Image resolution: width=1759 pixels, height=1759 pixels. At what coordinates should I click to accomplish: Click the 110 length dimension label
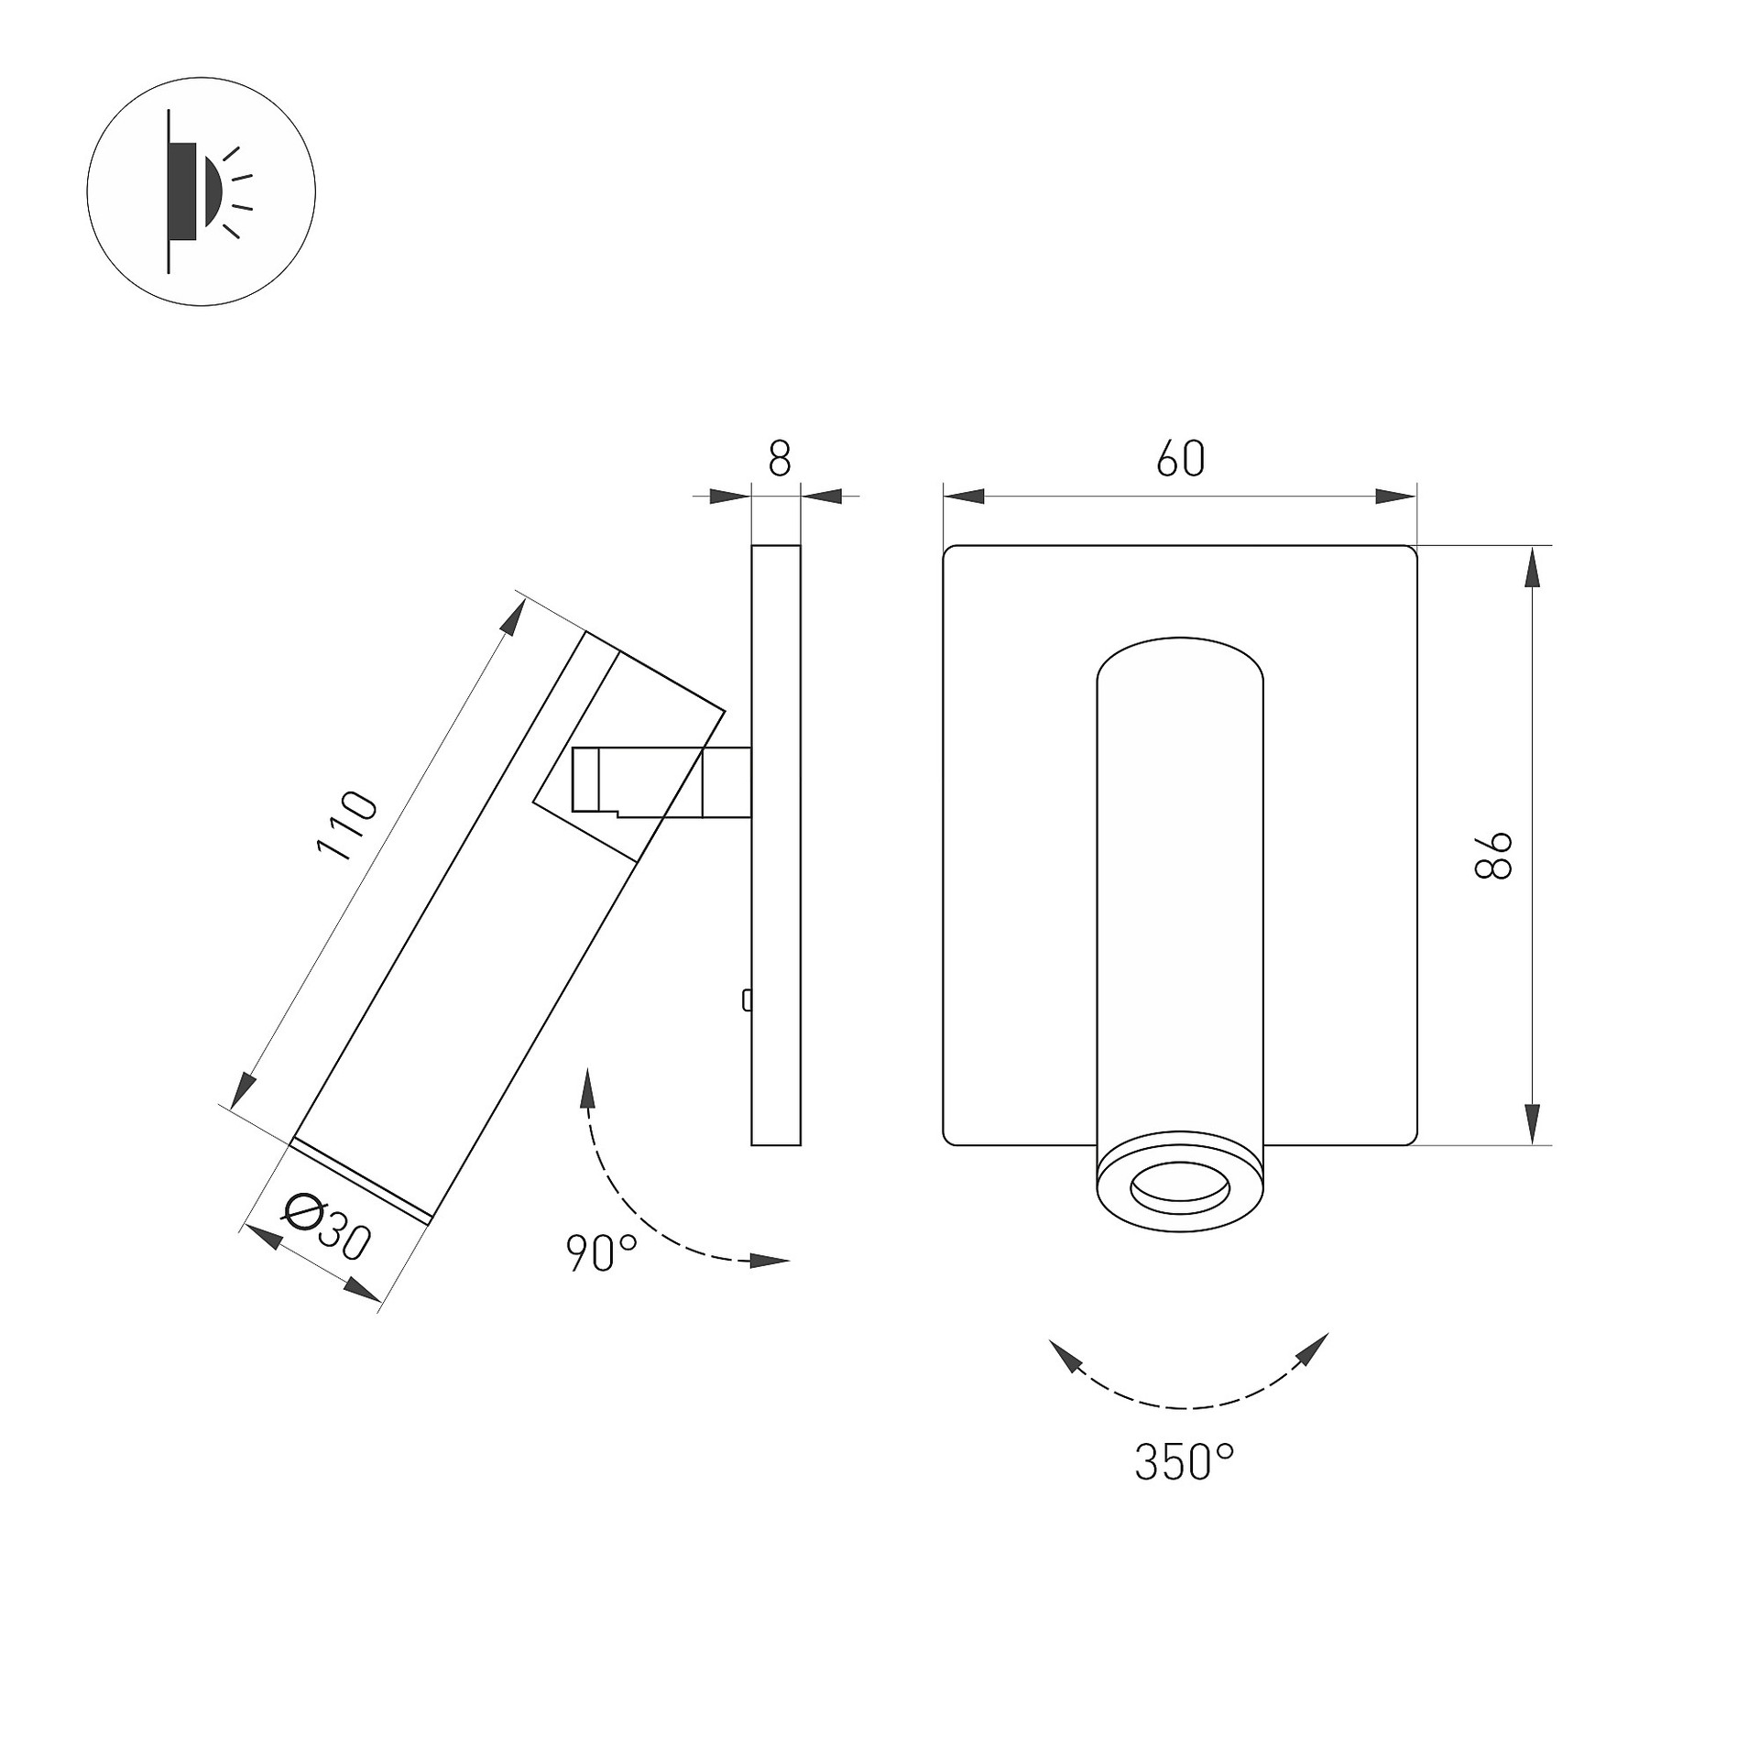(346, 825)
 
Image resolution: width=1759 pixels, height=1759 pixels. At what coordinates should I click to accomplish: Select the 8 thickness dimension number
(779, 458)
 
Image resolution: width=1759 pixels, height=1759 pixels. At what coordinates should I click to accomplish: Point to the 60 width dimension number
(1180, 458)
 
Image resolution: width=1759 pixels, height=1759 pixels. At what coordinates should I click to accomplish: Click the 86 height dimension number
(1493, 856)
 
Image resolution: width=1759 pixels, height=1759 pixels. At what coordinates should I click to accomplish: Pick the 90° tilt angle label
(602, 1253)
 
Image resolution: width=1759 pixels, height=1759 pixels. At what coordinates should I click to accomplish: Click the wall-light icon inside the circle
(210, 191)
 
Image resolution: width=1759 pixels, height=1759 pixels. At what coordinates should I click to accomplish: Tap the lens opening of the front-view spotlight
(1180, 1190)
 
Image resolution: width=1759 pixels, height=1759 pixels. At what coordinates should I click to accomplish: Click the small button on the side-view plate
(748, 1000)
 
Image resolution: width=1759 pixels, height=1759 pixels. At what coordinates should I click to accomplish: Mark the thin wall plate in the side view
(776, 845)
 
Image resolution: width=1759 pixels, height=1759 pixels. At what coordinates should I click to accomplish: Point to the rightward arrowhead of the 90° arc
(770, 1262)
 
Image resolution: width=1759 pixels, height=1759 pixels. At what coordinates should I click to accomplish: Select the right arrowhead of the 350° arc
(1313, 1349)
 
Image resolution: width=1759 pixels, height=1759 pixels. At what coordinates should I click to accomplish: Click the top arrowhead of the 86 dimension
(1532, 567)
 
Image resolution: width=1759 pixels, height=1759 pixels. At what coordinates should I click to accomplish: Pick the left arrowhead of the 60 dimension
(965, 497)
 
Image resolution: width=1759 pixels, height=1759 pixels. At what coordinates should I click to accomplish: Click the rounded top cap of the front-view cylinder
(1180, 660)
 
